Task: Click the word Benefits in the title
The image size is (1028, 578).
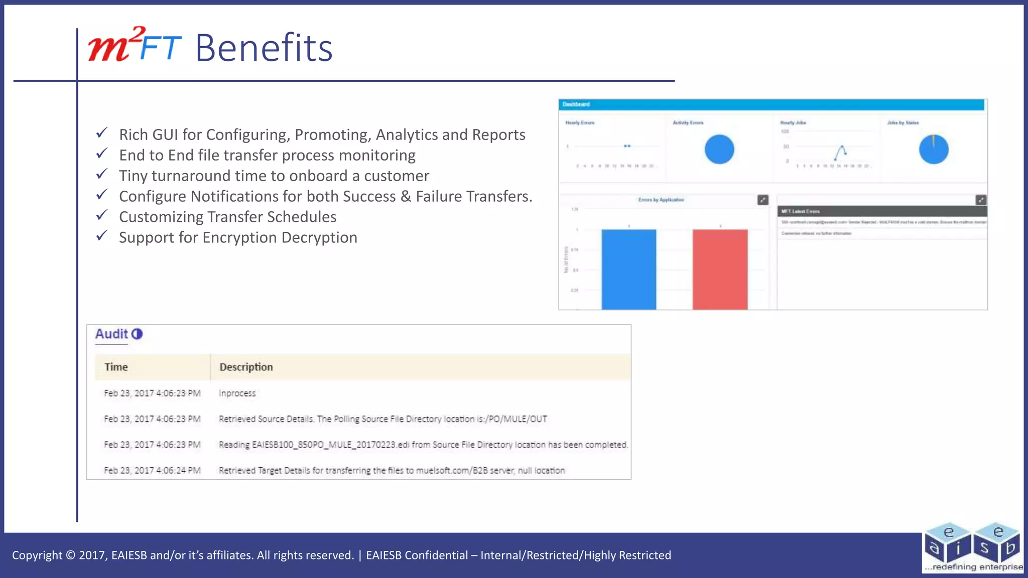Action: (x=264, y=48)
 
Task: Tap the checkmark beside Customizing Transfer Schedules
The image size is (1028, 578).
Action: (x=102, y=215)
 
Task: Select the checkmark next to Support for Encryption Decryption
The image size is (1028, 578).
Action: (x=102, y=236)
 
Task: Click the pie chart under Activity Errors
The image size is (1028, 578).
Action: (x=719, y=150)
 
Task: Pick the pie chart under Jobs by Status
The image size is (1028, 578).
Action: (x=934, y=150)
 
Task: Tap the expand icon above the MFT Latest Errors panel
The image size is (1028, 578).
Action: (x=981, y=200)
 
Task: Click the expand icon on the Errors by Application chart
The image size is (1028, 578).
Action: (x=762, y=200)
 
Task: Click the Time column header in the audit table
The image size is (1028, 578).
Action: (x=116, y=367)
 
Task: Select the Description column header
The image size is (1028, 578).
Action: (x=246, y=367)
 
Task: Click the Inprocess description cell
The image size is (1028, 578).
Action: (x=237, y=393)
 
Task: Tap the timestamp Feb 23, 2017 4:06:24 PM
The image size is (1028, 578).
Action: (x=152, y=470)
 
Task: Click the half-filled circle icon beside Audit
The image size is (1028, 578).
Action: (x=137, y=334)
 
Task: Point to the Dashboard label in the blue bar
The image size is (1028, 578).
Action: (x=576, y=104)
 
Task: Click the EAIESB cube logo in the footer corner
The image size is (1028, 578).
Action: (x=972, y=548)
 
